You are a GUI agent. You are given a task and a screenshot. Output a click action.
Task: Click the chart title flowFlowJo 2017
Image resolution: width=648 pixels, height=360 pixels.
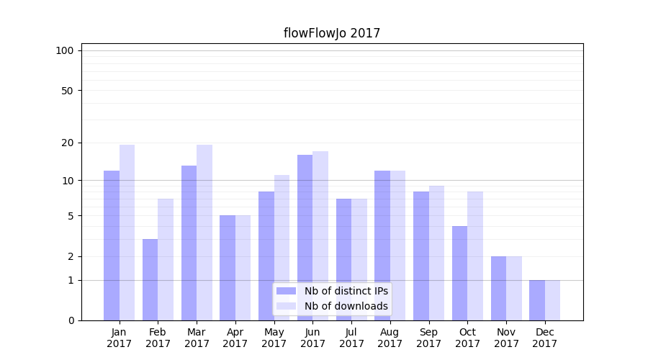[331, 33]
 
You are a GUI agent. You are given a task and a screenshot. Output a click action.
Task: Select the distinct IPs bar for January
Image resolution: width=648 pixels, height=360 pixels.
[112, 245]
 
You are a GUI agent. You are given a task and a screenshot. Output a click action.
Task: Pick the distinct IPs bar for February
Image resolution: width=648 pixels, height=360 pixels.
[150, 279]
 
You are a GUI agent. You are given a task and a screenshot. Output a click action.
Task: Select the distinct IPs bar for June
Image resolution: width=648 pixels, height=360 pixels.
[305, 238]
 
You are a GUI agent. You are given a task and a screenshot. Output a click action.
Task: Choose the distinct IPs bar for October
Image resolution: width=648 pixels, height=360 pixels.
[459, 273]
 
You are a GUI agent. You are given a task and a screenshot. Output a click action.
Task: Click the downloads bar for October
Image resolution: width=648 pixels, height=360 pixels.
[475, 256]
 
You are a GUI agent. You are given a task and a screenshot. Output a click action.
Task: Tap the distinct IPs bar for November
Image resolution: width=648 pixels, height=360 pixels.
[498, 288]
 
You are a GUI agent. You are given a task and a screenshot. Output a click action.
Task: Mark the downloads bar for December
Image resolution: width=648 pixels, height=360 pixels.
[552, 300]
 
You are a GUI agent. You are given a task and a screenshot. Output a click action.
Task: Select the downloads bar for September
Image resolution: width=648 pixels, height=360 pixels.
[436, 253]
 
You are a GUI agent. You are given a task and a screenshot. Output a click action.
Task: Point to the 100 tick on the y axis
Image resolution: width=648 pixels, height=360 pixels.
[65, 50]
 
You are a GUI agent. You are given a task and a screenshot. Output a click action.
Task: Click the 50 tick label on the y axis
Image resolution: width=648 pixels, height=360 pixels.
[68, 91]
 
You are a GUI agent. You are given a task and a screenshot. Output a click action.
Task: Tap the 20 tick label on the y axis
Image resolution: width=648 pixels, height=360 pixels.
[68, 143]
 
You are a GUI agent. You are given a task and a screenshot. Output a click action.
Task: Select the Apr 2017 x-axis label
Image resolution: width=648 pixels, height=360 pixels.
[235, 338]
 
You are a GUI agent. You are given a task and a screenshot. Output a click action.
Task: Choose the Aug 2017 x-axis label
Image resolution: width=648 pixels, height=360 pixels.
[390, 338]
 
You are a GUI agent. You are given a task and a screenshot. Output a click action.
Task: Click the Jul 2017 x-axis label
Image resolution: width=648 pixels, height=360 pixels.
[351, 338]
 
